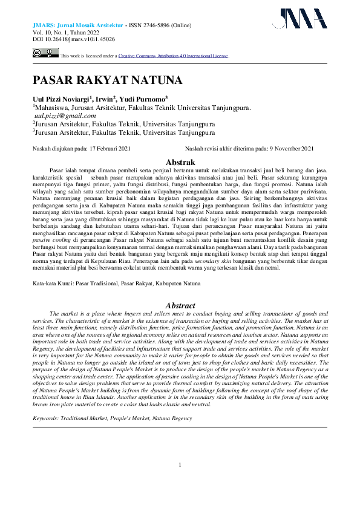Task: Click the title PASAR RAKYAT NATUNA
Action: (x=106, y=80)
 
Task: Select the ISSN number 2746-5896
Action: (x=166, y=25)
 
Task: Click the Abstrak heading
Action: (x=180, y=162)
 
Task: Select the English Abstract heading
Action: (x=180, y=306)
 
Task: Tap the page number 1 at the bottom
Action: (x=180, y=481)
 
